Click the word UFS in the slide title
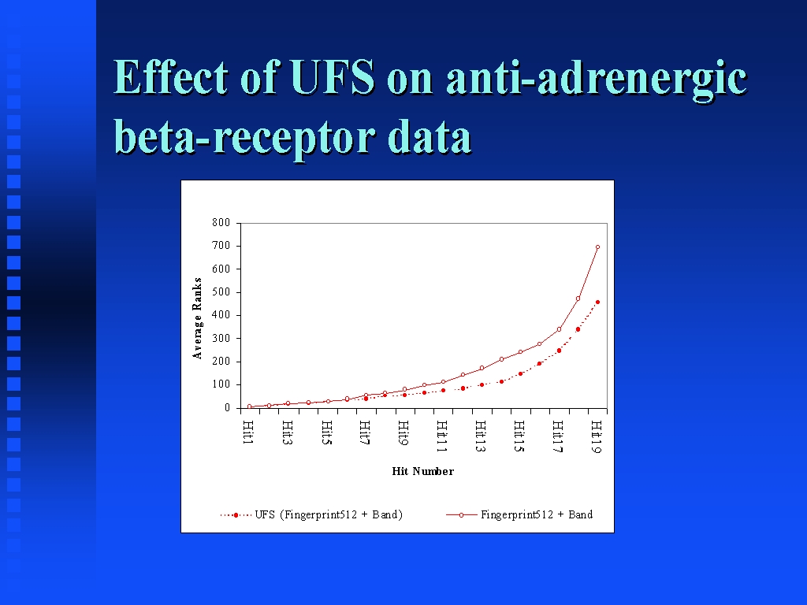[332, 77]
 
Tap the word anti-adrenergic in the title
[597, 80]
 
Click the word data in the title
[430, 135]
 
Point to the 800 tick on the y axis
[221, 223]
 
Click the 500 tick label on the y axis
[221, 292]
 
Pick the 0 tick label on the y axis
[227, 408]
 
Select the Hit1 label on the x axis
[248, 432]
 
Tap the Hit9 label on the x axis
[403, 432]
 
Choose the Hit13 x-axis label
[480, 436]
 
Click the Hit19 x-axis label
[596, 436]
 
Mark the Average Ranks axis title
[197, 318]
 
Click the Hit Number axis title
[423, 471]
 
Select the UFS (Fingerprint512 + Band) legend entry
[311, 514]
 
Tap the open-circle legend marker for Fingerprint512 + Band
[461, 515]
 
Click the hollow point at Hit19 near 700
[597, 247]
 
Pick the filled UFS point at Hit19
[597, 302]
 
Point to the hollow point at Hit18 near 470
[578, 299]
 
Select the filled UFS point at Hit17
[559, 351]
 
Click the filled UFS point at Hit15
[520, 374]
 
